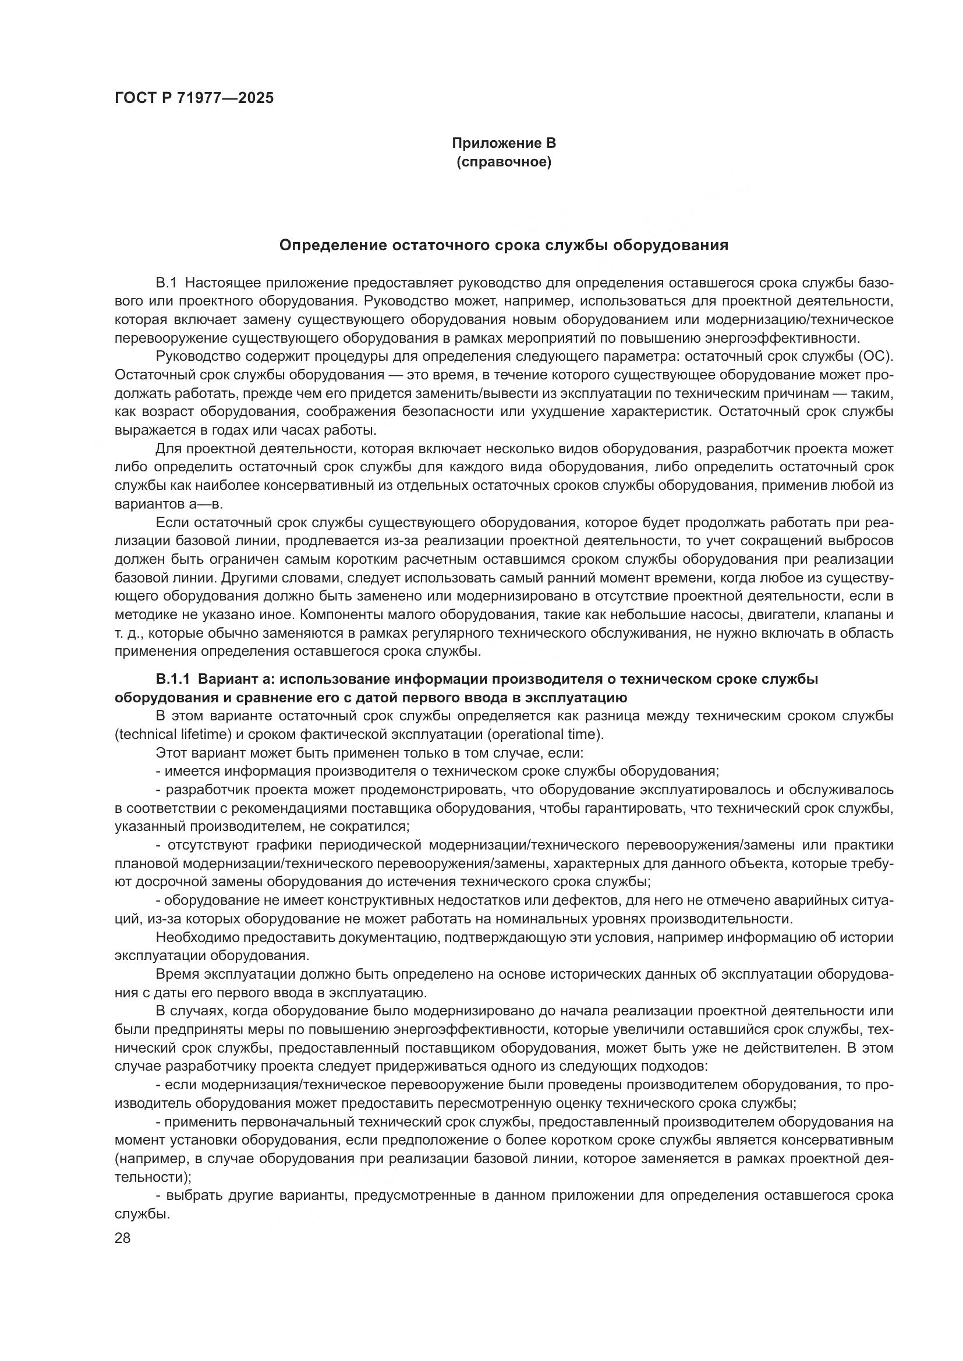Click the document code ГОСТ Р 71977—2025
[x=194, y=98]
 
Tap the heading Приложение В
[x=504, y=143]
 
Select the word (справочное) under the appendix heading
[x=504, y=162]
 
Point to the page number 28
[x=122, y=1238]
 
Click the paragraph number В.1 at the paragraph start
[x=166, y=283]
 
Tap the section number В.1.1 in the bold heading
[x=172, y=679]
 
